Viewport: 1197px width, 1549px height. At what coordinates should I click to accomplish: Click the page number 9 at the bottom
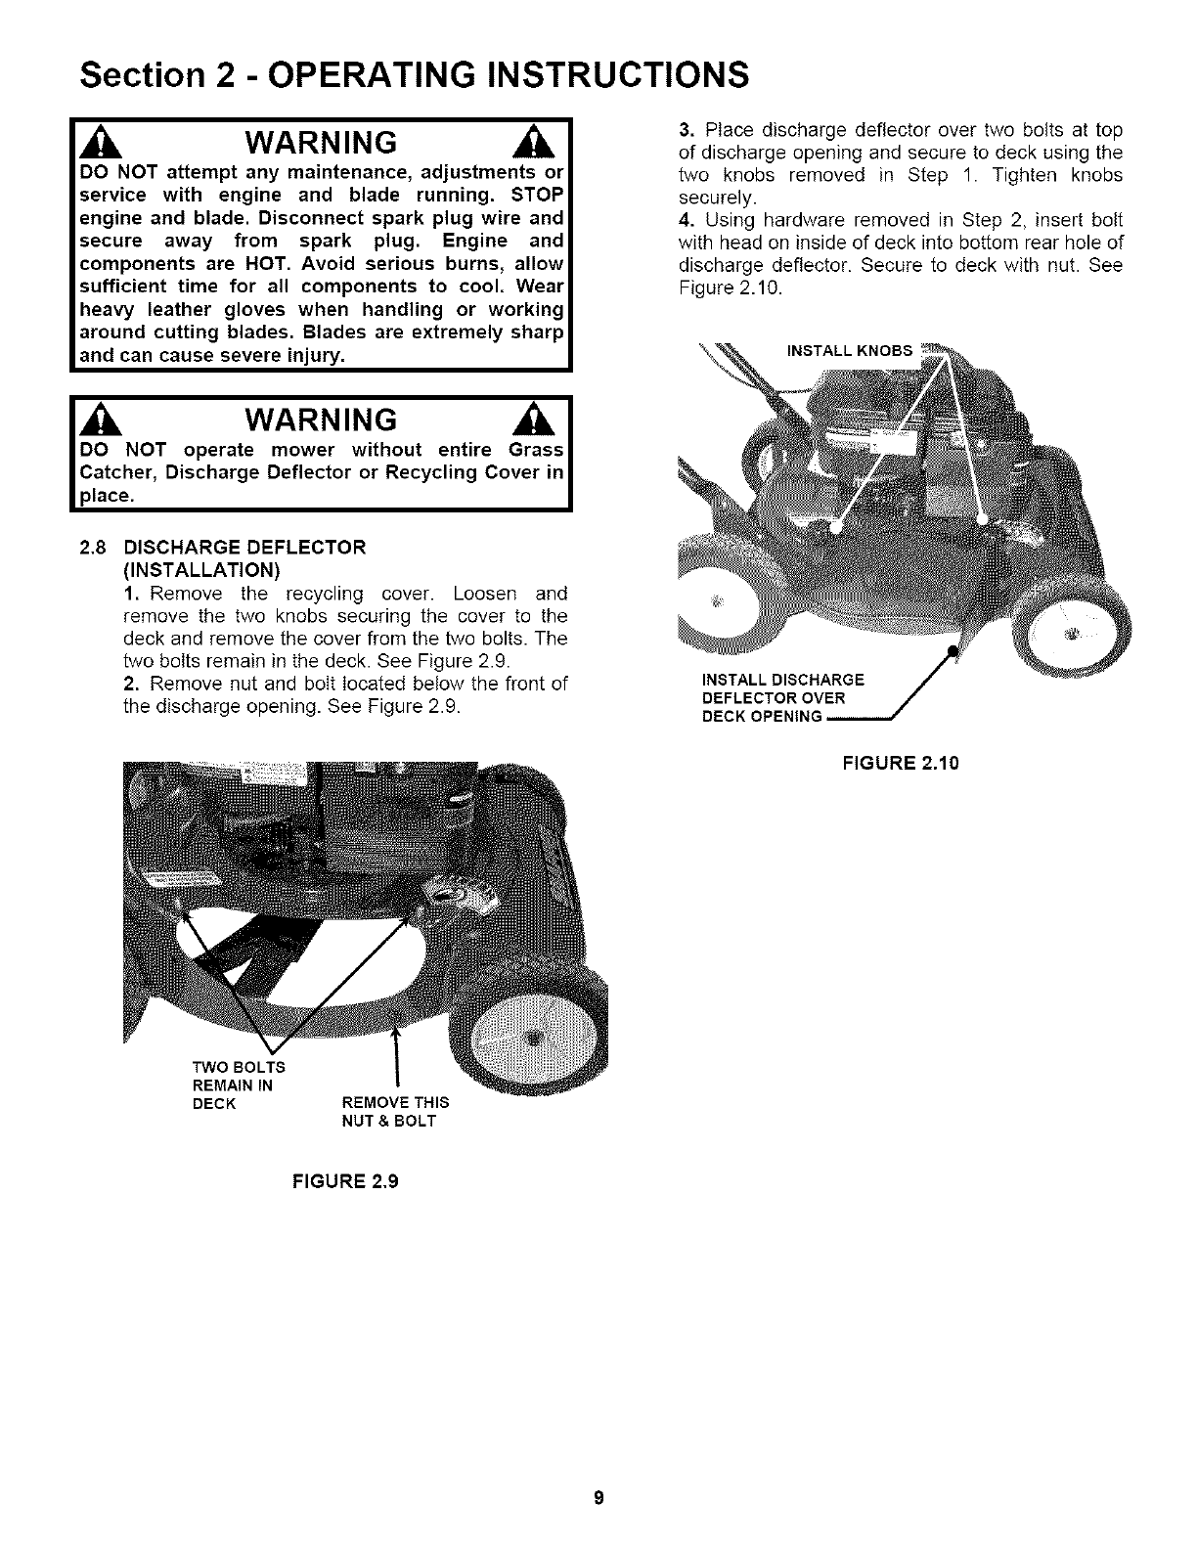pos(598,1498)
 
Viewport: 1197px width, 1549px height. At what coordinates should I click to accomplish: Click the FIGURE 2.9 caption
pos(345,1180)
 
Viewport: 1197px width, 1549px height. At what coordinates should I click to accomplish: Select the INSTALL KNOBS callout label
pos(849,350)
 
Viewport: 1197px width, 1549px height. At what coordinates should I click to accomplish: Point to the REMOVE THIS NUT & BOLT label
pos(394,1112)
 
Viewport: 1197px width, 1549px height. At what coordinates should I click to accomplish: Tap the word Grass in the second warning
pos(537,450)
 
